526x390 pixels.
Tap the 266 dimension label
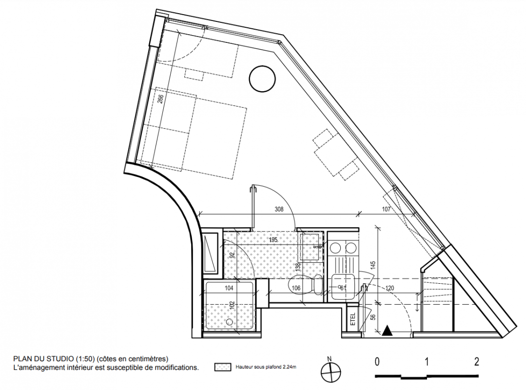161,99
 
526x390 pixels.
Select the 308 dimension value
279,209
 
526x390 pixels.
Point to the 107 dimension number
386,209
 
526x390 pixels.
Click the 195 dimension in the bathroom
273,240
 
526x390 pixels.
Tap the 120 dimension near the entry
390,288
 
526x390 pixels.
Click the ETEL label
352,319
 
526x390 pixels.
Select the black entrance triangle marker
387,331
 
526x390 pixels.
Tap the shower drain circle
230,322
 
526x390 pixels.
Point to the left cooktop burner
335,248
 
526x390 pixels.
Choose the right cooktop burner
351,248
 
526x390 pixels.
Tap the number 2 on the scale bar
476,362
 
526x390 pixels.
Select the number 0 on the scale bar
377,362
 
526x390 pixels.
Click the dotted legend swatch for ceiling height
223,367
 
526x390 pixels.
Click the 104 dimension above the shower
229,288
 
